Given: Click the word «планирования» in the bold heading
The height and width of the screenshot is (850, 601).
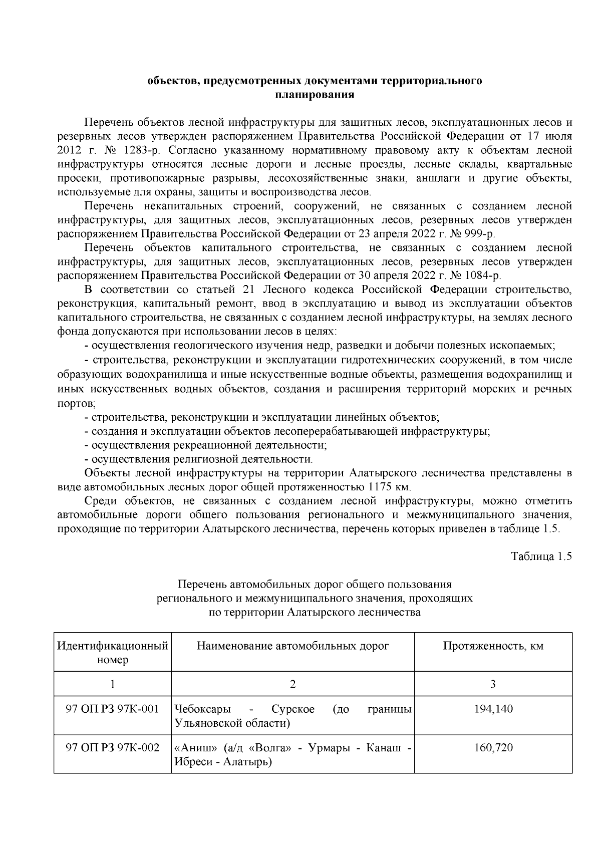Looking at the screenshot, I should [315, 95].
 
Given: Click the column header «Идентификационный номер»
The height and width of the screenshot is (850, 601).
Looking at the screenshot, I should [112, 653].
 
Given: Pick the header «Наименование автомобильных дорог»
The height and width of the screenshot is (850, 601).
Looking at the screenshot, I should [293, 646].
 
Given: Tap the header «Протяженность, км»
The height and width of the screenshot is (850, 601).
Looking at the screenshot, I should [493, 646].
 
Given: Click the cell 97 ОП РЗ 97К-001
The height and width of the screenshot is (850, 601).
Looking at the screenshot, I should [112, 709].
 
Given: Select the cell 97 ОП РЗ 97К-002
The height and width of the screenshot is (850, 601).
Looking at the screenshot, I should [112, 748].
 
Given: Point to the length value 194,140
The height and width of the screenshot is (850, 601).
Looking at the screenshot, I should [493, 709].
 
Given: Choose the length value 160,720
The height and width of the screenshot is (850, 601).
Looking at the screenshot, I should [493, 748].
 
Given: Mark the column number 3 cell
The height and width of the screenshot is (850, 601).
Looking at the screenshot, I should [493, 684].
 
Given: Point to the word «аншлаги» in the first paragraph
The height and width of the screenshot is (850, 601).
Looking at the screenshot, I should [436, 178].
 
